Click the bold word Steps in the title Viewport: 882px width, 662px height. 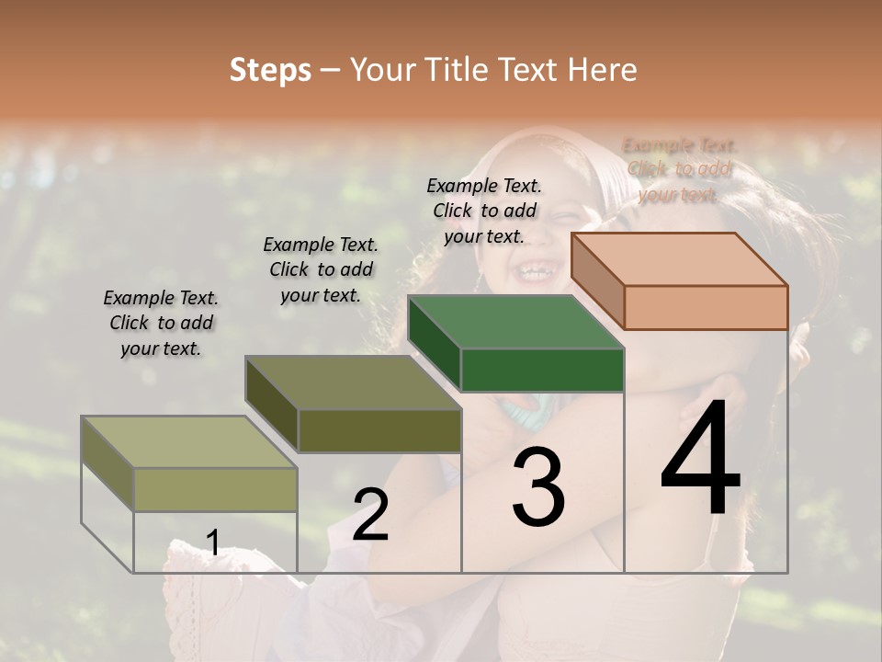(x=270, y=70)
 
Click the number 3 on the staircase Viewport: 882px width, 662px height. (x=537, y=488)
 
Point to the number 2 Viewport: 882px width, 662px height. (x=370, y=515)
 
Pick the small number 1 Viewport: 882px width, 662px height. (x=213, y=543)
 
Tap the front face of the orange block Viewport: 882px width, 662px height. (x=706, y=307)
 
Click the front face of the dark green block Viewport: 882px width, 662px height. (x=542, y=371)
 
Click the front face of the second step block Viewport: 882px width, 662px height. (x=379, y=430)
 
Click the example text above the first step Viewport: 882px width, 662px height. (x=161, y=324)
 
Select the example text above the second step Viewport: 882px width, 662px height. (x=321, y=269)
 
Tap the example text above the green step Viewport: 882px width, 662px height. (x=484, y=211)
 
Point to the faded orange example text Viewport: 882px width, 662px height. (x=679, y=170)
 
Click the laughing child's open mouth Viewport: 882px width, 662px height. (x=531, y=271)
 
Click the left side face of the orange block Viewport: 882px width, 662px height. (x=597, y=280)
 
